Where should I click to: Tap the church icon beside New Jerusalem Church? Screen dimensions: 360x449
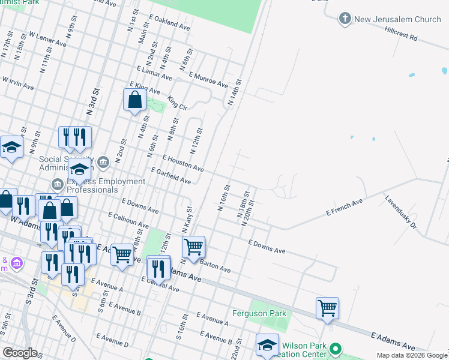click(x=345, y=19)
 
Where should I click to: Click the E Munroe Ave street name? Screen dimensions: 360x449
click(x=208, y=80)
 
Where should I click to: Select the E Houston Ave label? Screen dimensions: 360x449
click(x=183, y=164)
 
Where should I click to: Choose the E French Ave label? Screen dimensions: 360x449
click(x=345, y=208)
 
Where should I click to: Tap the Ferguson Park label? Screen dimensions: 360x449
click(x=260, y=313)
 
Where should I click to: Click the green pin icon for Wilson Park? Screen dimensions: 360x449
click(x=336, y=349)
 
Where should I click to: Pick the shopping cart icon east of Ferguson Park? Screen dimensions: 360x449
click(x=328, y=308)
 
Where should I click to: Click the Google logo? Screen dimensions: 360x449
click(x=20, y=353)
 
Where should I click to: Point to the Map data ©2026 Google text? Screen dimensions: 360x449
click(x=411, y=355)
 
